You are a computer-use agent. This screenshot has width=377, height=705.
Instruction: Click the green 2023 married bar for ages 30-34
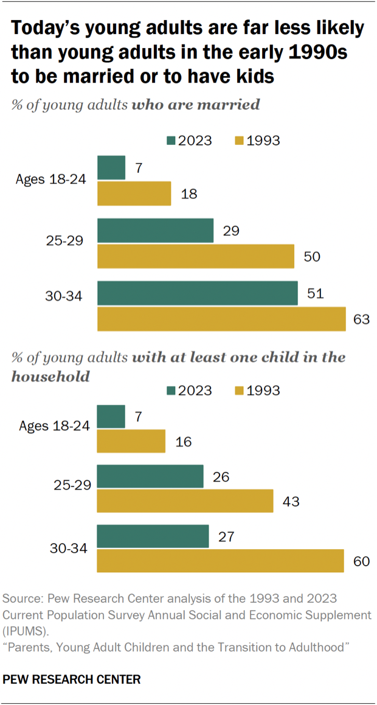click(197, 293)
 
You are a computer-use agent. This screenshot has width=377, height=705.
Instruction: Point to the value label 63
click(361, 319)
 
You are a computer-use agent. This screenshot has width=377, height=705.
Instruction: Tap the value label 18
click(189, 194)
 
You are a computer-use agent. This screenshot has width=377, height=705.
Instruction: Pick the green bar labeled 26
click(150, 476)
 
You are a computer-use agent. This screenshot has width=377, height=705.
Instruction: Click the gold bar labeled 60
click(220, 560)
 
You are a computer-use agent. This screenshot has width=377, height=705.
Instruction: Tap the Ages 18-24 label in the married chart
click(52, 180)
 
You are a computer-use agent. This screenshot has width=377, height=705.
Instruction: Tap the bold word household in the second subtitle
click(50, 376)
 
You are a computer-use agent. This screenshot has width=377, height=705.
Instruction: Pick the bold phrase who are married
click(196, 105)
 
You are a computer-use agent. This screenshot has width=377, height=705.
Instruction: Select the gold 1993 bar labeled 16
click(131, 441)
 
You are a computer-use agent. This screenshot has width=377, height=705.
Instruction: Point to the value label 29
click(231, 231)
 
